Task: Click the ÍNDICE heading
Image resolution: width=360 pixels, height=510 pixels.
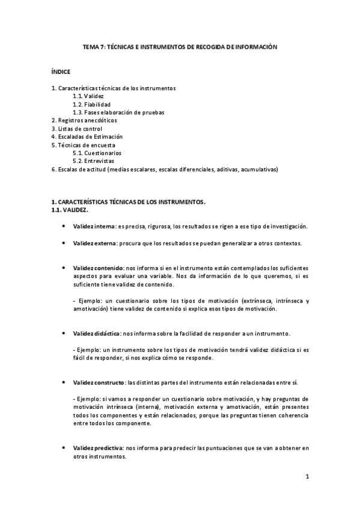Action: pos(61,72)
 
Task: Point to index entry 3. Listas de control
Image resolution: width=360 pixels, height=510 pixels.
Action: pos(77,128)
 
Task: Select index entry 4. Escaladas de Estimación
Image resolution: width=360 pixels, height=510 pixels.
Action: pos(87,137)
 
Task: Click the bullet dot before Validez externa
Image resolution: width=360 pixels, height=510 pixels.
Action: pos(64,243)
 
